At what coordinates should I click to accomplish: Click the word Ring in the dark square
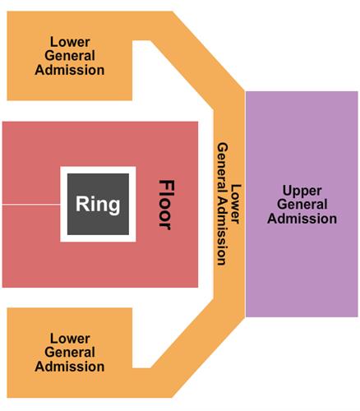[98, 205]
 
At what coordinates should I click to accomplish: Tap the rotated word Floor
[166, 205]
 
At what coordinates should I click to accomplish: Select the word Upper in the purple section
[302, 191]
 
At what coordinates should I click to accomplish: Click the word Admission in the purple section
[302, 219]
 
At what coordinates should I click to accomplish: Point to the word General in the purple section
[303, 205]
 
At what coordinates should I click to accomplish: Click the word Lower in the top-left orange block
[70, 42]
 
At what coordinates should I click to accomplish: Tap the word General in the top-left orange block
[70, 56]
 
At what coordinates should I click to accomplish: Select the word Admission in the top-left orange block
[70, 70]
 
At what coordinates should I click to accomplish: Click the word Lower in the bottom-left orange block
[70, 339]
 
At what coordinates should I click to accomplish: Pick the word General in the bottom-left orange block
[70, 352]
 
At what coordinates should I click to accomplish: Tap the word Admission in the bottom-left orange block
[70, 367]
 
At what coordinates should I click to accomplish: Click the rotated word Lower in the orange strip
[236, 204]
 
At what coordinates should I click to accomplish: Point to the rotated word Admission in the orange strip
[222, 231]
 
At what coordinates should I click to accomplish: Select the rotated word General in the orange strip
[222, 168]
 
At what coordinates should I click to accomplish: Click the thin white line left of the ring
[31, 205]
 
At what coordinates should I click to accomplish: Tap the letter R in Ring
[82, 204]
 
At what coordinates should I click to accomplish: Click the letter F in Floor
[167, 185]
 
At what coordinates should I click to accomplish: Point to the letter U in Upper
[287, 191]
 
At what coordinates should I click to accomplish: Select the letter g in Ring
[113, 207]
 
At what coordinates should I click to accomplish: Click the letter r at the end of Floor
[165, 226]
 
